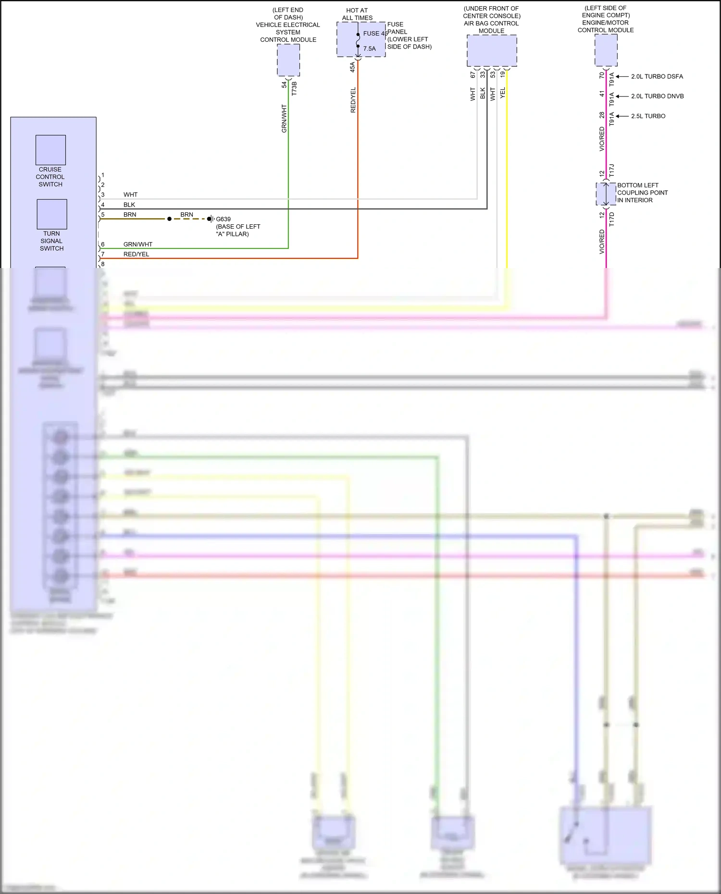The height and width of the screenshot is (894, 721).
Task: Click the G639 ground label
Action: click(224, 219)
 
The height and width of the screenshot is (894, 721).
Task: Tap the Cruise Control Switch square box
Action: click(50, 150)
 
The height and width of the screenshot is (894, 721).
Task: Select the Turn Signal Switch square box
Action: click(51, 214)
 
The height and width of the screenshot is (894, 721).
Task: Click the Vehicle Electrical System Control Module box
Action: click(288, 60)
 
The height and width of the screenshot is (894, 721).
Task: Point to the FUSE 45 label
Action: click(375, 34)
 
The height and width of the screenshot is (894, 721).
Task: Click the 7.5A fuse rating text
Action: click(369, 49)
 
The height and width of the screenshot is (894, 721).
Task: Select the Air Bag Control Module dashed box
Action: click(492, 51)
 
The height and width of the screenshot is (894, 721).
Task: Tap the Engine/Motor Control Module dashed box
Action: click(606, 50)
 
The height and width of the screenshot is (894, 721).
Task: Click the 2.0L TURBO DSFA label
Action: click(657, 76)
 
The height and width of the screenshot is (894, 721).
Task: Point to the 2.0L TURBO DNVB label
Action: click(657, 96)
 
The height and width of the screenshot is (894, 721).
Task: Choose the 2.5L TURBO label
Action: click(648, 116)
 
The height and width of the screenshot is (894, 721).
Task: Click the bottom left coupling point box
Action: click(606, 194)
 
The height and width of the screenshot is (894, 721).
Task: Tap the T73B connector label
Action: click(294, 88)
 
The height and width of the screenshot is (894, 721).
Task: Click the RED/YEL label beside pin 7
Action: click(136, 254)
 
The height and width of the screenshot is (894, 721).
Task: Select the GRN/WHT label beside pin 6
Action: click(137, 245)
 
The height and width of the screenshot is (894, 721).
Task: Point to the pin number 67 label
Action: click(472, 75)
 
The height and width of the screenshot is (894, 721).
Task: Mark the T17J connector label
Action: click(611, 171)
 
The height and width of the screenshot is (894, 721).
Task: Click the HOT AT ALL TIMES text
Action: click(357, 14)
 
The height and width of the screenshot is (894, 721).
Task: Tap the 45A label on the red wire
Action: click(352, 67)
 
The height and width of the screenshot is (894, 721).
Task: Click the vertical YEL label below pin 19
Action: click(503, 93)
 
